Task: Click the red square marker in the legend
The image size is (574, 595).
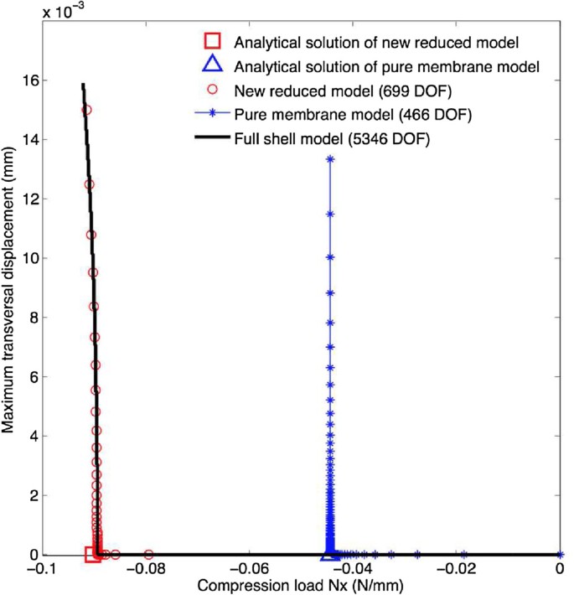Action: (x=214, y=40)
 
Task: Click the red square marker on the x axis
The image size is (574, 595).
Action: (x=93, y=554)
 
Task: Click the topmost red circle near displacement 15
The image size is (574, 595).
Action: (x=85, y=109)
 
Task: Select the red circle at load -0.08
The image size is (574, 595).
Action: (x=149, y=554)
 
